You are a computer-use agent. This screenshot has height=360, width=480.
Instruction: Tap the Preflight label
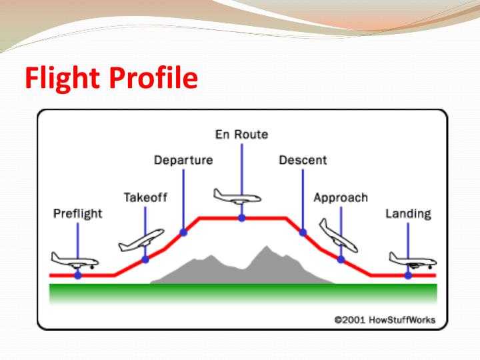click(x=78, y=214)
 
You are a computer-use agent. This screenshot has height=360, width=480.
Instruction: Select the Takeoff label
click(x=145, y=197)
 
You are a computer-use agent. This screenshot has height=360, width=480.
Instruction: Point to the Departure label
click(x=183, y=160)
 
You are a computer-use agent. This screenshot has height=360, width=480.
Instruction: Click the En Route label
click(x=241, y=134)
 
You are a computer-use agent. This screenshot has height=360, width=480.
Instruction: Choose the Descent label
click(x=303, y=160)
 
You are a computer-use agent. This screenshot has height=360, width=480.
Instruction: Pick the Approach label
click(x=341, y=197)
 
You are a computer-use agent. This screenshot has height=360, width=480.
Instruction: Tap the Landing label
click(x=408, y=214)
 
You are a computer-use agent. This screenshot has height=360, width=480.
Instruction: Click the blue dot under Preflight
click(x=78, y=275)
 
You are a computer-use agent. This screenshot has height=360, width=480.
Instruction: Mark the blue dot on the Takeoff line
click(x=145, y=259)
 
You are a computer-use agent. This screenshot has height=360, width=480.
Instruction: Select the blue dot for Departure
click(x=183, y=232)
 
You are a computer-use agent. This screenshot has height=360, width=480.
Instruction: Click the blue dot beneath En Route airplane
click(x=241, y=217)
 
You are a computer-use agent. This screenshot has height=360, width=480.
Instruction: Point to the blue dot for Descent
click(x=303, y=232)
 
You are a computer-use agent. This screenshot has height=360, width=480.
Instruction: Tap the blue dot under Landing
click(x=408, y=275)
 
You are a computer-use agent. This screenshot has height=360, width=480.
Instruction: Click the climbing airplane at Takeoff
click(x=141, y=241)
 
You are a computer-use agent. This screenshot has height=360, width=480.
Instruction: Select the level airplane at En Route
click(x=237, y=195)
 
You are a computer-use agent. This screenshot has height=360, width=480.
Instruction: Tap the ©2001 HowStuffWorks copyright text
click(x=384, y=320)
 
